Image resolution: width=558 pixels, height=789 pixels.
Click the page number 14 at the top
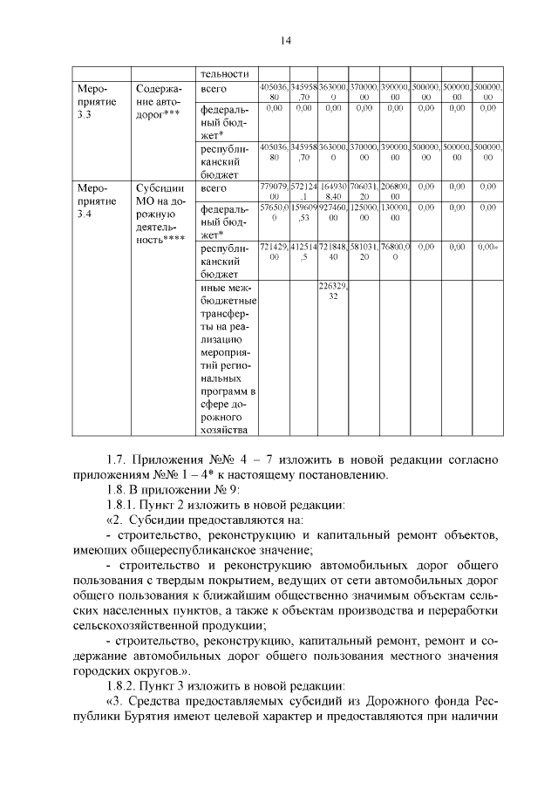285,41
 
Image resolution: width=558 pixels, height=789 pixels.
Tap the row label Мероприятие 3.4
97,201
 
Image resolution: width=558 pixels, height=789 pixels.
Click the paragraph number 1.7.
118,459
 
